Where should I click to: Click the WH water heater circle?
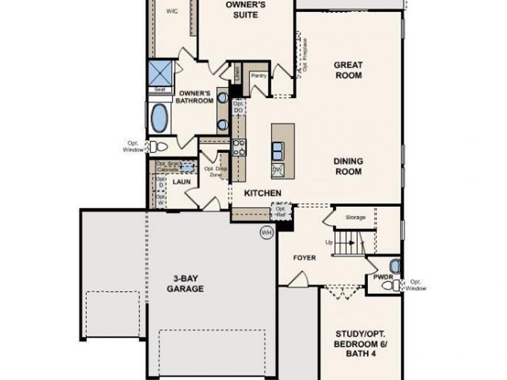click(265, 232)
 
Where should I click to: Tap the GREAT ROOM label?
click(348, 70)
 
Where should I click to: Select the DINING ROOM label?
click(349, 166)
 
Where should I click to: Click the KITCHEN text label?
click(263, 193)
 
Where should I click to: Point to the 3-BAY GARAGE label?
click(185, 284)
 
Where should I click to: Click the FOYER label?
click(304, 258)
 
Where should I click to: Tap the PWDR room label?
click(382, 277)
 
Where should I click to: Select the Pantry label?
click(259, 75)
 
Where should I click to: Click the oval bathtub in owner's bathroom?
click(160, 118)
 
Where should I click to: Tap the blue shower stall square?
click(159, 73)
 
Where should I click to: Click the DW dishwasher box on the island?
click(278, 169)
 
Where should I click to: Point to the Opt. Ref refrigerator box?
click(281, 211)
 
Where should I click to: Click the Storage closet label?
click(355, 217)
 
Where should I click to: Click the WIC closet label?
click(172, 11)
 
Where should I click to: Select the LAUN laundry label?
click(181, 182)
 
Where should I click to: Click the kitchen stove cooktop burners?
click(239, 146)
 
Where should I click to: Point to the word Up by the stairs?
click(330, 243)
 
